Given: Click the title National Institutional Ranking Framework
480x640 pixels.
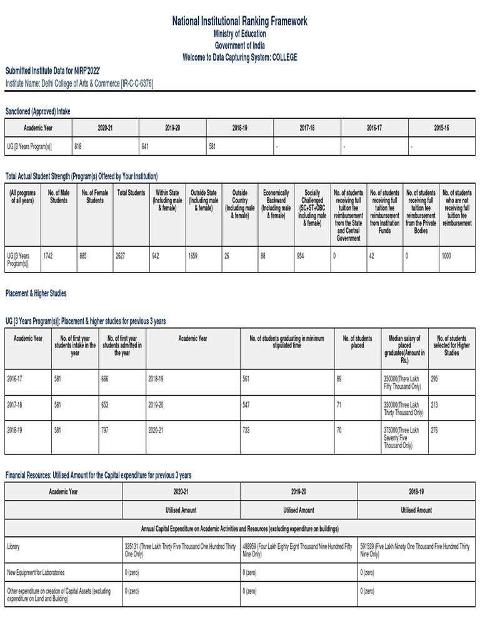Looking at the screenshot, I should tap(240, 22).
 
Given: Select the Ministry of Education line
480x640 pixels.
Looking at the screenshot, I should tap(240, 34).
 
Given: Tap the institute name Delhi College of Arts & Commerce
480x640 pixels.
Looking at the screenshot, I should tap(79, 83).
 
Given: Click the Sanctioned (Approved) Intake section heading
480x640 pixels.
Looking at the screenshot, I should tap(38, 111).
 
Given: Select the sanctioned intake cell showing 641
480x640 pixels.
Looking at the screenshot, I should tap(148, 146).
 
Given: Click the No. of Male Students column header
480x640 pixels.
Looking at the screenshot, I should tap(59, 196).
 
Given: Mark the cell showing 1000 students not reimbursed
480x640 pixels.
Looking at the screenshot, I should tap(446, 256).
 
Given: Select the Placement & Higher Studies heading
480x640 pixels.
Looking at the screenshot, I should tap(36, 293).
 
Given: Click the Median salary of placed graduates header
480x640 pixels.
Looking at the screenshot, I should tap(404, 349).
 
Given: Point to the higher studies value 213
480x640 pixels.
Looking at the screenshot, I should tap(434, 405).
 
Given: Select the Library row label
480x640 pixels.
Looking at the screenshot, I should tap(13, 546).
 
